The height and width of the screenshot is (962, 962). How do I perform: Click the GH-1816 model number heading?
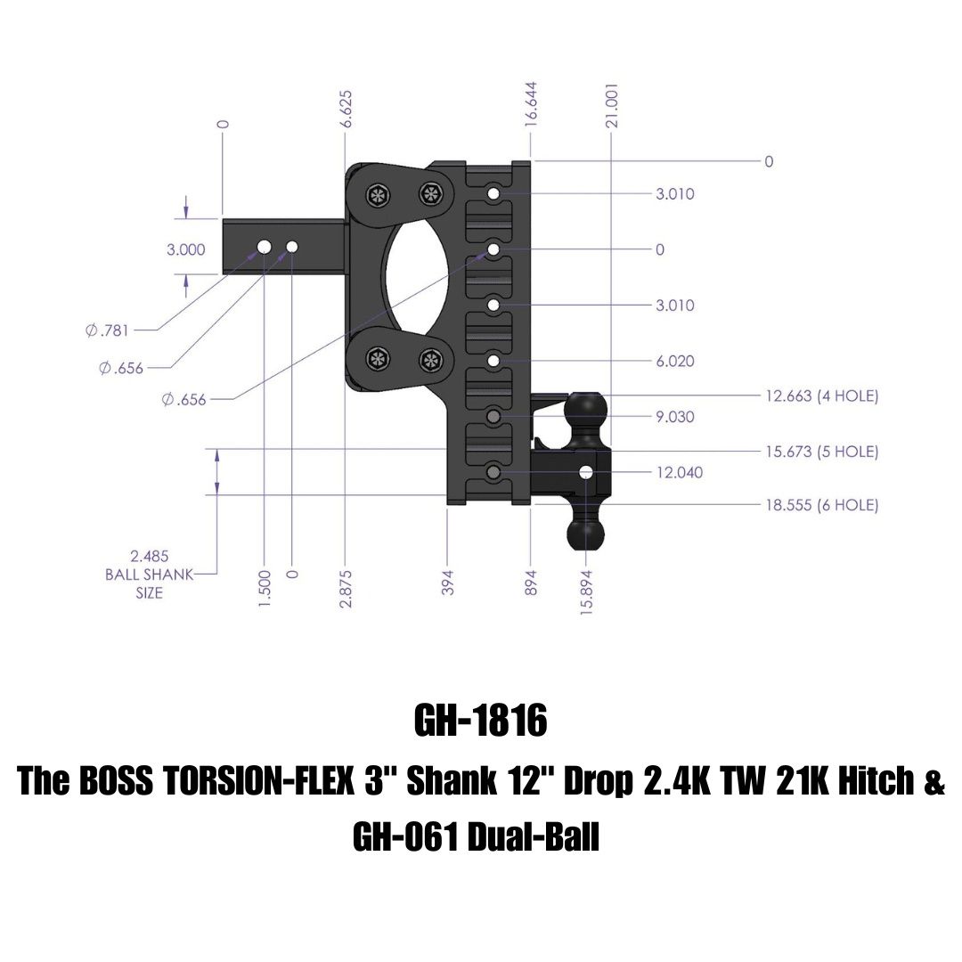(480, 721)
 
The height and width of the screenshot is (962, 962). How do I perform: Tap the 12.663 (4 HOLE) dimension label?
(821, 395)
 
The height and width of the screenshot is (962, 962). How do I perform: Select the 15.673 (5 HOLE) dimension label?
(821, 452)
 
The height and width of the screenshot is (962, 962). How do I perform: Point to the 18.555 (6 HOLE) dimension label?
(821, 505)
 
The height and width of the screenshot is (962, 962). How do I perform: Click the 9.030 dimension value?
(675, 417)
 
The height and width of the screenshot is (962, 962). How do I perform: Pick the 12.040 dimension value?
(679, 472)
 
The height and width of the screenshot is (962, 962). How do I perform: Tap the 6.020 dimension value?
(675, 362)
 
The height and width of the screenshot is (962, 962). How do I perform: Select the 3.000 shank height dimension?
(186, 250)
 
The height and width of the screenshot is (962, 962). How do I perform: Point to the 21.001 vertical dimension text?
(613, 106)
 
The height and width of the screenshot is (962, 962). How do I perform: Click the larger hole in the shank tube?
(265, 245)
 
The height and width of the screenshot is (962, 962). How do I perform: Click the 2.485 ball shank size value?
(150, 558)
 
